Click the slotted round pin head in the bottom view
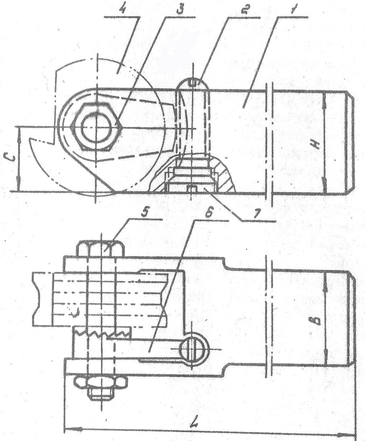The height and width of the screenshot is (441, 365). [193, 349]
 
